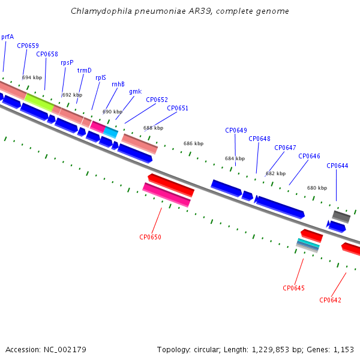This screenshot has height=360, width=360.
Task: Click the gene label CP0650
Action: click(150, 237)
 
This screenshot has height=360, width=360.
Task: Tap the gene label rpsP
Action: click(67, 62)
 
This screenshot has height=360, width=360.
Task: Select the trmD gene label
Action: click(84, 70)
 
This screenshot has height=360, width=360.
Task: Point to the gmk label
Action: click(136, 92)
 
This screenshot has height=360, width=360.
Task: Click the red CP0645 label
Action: click(293, 288)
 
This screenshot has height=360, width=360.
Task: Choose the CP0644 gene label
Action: click(337, 166)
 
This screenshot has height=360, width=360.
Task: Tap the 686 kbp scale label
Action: click(193, 143)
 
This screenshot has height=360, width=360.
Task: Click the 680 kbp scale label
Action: click(317, 188)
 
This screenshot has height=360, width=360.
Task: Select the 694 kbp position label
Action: click(32, 77)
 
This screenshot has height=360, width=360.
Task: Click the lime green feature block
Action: click(39, 102)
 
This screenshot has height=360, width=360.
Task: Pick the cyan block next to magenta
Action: click(110, 133)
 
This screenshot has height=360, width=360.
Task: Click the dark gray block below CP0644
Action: click(341, 217)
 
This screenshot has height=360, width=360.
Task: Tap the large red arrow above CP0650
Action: click(171, 185)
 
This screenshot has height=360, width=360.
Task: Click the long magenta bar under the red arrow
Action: click(166, 194)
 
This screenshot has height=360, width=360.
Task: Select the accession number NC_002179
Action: click(65, 350)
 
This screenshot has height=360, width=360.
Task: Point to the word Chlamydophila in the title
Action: click(101, 11)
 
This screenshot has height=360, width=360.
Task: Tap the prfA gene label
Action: click(7, 37)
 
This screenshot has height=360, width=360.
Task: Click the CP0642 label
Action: click(330, 300)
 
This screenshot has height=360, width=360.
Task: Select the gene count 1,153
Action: click(343, 350)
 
